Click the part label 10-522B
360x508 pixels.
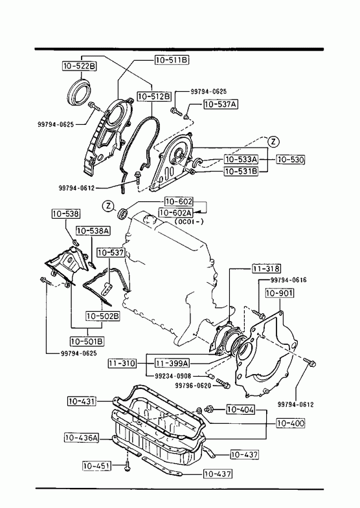pos(80,66)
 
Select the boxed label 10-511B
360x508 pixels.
pos(172,60)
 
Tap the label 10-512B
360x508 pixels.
pos(154,96)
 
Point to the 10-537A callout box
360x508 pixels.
pos(221,104)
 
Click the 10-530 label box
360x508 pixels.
pos(291,159)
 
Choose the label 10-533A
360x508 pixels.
pos(241,159)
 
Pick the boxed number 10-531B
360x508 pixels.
pos(241,171)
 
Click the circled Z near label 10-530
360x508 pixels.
pos(273,142)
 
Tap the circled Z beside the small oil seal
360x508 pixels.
pos(109,205)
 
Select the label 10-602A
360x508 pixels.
pos(175,212)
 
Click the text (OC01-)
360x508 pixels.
pos(189,222)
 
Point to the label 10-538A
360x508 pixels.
pos(93,230)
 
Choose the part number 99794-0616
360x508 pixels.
pos(288,280)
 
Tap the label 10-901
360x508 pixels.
pos(280,293)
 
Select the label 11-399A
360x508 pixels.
pos(171,363)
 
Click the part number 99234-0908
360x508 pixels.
pos(174,376)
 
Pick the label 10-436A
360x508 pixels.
pos(82,437)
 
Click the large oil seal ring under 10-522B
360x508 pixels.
pos(79,91)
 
